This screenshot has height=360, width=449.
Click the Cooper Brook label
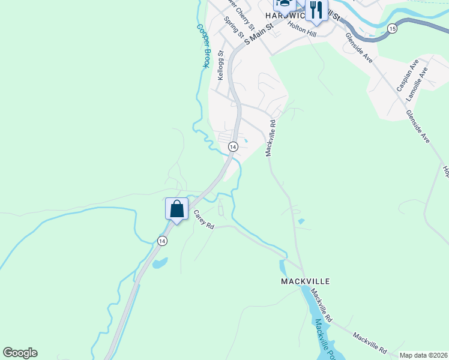[204, 46]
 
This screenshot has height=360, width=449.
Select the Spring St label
[233, 27]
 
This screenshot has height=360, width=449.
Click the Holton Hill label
[302, 26]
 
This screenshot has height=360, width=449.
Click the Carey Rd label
[203, 220]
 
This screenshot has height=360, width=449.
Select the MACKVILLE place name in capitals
[306, 281]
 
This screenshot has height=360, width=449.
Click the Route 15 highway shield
[392, 28]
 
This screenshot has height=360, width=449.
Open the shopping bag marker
[177, 209]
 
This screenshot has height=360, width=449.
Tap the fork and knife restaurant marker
[316, 10]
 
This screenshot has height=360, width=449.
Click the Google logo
[20, 353]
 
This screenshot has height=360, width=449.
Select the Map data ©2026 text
[423, 355]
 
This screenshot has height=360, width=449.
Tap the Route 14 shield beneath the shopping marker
[162, 241]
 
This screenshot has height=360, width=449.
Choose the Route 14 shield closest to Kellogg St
[233, 146]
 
